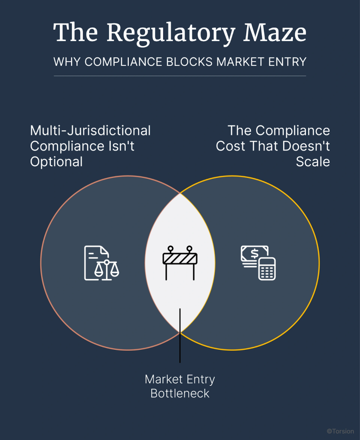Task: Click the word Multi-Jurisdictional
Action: coord(90,130)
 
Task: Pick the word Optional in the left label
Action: coord(56,162)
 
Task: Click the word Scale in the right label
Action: coord(313,162)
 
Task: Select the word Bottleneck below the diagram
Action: coord(180,393)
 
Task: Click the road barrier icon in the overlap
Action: coord(180,263)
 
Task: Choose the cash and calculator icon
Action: coord(258,263)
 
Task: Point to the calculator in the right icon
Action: coord(267,269)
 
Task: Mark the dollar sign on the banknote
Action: coord(255,254)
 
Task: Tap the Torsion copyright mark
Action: coord(340,431)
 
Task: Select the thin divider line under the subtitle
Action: coord(180,76)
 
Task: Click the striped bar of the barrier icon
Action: coord(180,258)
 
